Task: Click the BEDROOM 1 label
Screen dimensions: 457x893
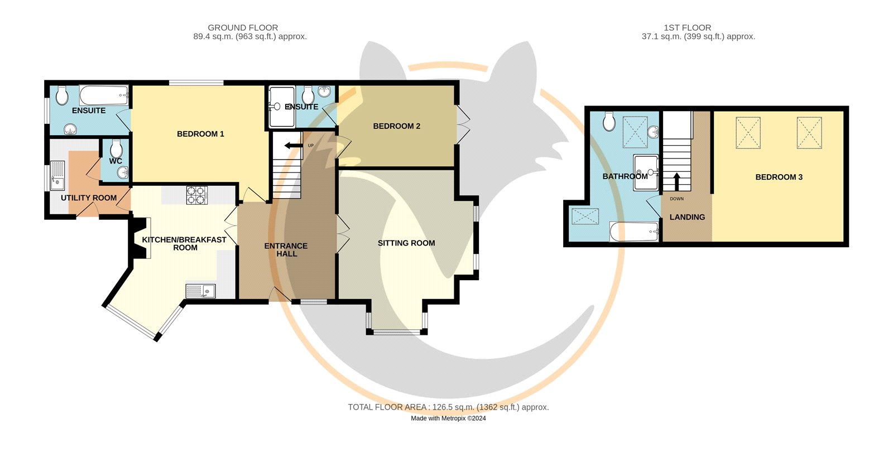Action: click(x=200, y=134)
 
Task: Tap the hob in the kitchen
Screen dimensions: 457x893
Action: click(x=196, y=195)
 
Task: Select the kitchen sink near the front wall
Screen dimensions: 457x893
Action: click(x=200, y=291)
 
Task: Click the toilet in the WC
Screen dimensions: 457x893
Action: click(x=116, y=148)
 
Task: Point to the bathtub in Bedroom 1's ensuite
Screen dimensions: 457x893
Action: click(x=104, y=95)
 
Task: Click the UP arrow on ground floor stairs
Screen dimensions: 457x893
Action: click(x=292, y=146)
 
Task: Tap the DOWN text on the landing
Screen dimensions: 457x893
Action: click(x=676, y=199)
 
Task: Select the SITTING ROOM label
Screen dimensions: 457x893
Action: click(x=406, y=243)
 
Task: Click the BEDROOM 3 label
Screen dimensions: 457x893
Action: click(x=779, y=177)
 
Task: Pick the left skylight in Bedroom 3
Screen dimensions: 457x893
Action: click(x=748, y=132)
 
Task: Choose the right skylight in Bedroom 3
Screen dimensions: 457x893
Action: click(x=809, y=132)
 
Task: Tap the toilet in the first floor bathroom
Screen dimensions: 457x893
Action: click(x=609, y=121)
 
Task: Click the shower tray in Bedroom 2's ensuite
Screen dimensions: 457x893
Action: click(x=281, y=107)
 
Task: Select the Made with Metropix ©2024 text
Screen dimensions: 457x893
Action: click(x=448, y=418)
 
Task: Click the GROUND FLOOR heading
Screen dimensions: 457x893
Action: click(x=243, y=27)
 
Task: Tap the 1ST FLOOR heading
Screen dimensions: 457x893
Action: click(x=687, y=27)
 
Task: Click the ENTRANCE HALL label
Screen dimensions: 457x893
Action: click(x=286, y=249)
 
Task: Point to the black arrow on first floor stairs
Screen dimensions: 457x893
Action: click(x=676, y=181)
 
